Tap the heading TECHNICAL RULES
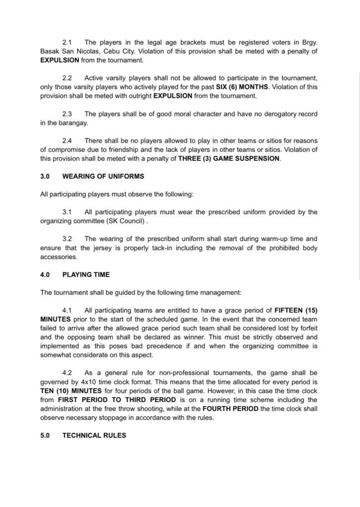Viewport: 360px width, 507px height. pos(94,436)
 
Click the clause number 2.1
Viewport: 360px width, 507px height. pos(68,43)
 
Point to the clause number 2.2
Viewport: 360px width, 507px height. pos(68,78)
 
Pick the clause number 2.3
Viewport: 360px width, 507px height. pos(68,114)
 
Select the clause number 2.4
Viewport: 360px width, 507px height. pos(68,141)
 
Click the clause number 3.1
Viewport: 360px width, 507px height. pos(68,212)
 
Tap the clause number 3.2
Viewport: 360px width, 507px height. pos(68,239)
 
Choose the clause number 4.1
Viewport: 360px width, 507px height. pos(68,310)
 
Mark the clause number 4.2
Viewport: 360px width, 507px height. pos(68,372)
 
